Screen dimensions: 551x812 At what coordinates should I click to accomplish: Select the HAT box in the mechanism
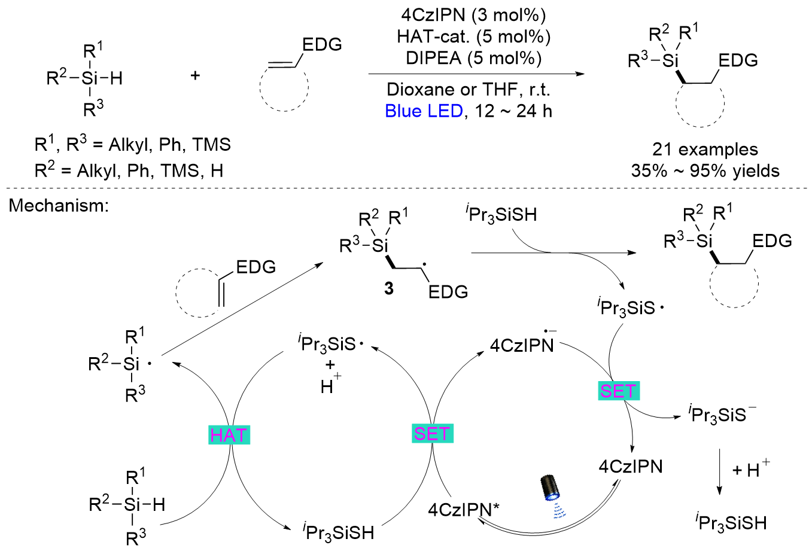coord(229,435)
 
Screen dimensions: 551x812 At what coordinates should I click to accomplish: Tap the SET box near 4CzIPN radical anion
coord(619,391)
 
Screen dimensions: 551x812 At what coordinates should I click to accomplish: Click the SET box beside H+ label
coord(432,433)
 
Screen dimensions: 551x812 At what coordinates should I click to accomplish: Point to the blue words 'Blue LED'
coord(424,111)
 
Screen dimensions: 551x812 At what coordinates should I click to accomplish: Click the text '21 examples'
coord(705,150)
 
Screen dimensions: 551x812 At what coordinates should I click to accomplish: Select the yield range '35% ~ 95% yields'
coord(705,171)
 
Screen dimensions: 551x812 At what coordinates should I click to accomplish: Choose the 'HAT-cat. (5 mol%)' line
coord(473,36)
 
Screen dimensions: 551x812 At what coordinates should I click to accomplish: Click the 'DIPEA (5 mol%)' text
coord(473,58)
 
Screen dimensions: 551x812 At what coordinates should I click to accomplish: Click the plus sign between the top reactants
coord(195,76)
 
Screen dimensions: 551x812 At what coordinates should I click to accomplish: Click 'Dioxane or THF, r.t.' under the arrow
coord(469,90)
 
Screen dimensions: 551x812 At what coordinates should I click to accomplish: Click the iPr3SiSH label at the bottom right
coord(731,523)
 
